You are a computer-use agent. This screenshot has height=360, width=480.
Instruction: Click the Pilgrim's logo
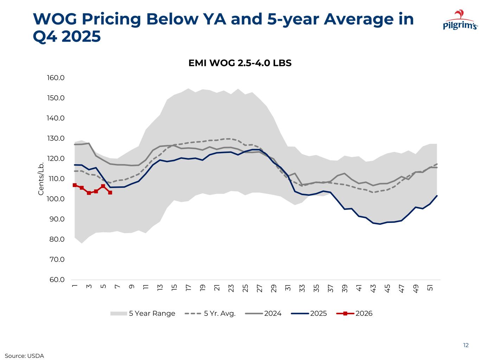[x=460, y=21]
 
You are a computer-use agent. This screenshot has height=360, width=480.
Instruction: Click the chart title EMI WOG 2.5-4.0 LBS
[x=240, y=63]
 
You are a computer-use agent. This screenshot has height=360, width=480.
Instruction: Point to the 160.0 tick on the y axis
[x=56, y=78]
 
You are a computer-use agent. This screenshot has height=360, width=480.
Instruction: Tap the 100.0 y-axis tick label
[x=56, y=199]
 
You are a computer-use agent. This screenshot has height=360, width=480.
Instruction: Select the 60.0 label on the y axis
[x=56, y=280]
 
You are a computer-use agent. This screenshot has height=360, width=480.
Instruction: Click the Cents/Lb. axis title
[x=41, y=179]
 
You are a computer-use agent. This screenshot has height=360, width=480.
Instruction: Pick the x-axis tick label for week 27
[x=260, y=288]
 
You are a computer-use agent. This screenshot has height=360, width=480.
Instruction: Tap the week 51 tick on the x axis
[x=430, y=288]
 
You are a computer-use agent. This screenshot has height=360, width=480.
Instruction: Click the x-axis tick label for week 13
[x=160, y=288]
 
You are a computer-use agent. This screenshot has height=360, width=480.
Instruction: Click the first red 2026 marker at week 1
[x=75, y=185]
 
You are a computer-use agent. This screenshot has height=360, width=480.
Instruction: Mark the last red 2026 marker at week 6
[x=110, y=193]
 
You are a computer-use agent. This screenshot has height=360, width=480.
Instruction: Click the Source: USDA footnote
[x=24, y=356]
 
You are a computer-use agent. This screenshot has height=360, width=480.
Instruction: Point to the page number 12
[x=466, y=345]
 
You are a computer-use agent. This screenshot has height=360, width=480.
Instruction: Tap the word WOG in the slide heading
[x=55, y=19]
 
